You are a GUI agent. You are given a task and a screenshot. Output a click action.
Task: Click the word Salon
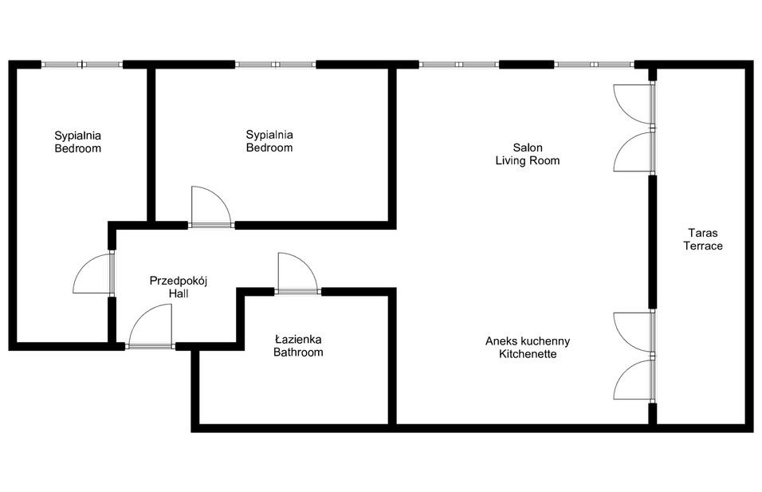pos(527,148)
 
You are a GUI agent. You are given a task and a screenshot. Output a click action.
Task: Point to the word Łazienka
pos(298,339)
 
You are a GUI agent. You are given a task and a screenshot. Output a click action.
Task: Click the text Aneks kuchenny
pos(527,340)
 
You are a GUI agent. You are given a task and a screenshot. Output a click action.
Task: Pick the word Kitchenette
pos(527,354)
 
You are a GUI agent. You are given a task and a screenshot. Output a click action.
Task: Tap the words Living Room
pos(527,160)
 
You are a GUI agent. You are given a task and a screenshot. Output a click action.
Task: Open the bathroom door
pos(297,274)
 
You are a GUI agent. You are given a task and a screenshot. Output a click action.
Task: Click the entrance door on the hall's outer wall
pos(149,329)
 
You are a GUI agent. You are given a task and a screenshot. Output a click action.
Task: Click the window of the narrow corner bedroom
pos(82,65)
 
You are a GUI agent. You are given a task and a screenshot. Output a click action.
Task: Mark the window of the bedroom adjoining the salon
pos(275,65)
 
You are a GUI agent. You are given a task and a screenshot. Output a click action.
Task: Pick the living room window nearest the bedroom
pos(459,65)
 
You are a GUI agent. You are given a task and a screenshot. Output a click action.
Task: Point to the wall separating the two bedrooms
pos(151,144)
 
